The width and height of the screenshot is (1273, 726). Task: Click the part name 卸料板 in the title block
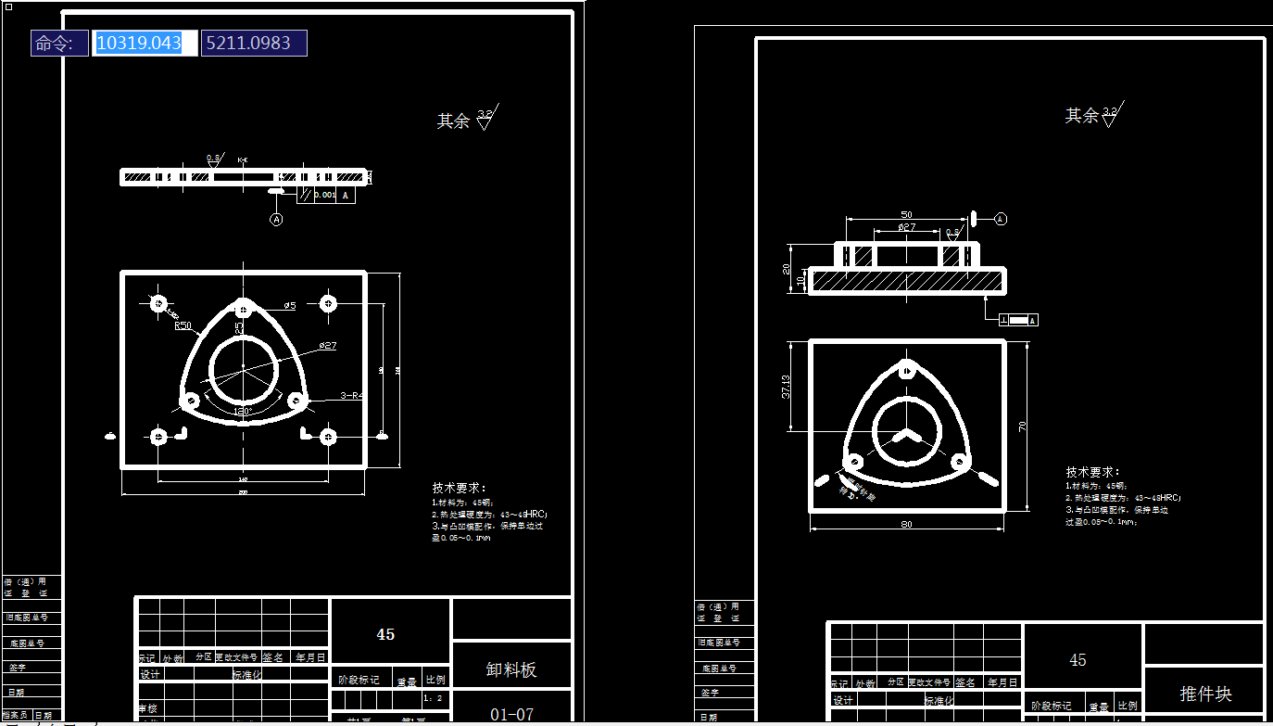[x=511, y=669]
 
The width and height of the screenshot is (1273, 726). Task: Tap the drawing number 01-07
[x=511, y=714]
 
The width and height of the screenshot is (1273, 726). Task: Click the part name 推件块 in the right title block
[x=1205, y=694]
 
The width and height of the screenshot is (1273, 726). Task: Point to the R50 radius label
[x=183, y=325]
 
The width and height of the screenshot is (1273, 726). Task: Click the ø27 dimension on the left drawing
[x=327, y=345]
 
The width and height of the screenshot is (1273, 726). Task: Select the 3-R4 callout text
[x=352, y=395]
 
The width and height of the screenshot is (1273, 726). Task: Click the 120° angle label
[x=243, y=411]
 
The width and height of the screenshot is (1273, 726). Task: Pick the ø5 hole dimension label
[x=289, y=305]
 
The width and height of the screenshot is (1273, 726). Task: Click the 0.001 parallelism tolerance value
[x=324, y=196]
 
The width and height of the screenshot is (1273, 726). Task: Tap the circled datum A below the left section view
[x=276, y=219]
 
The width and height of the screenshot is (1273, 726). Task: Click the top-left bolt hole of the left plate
[x=158, y=303]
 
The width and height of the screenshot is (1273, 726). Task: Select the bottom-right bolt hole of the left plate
[x=328, y=435]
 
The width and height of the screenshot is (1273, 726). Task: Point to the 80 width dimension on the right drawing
[x=906, y=525]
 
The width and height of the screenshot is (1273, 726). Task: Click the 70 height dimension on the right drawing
[x=1023, y=427]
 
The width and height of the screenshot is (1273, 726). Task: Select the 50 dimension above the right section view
[x=906, y=215]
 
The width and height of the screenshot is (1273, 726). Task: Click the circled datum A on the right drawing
[x=1001, y=219]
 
